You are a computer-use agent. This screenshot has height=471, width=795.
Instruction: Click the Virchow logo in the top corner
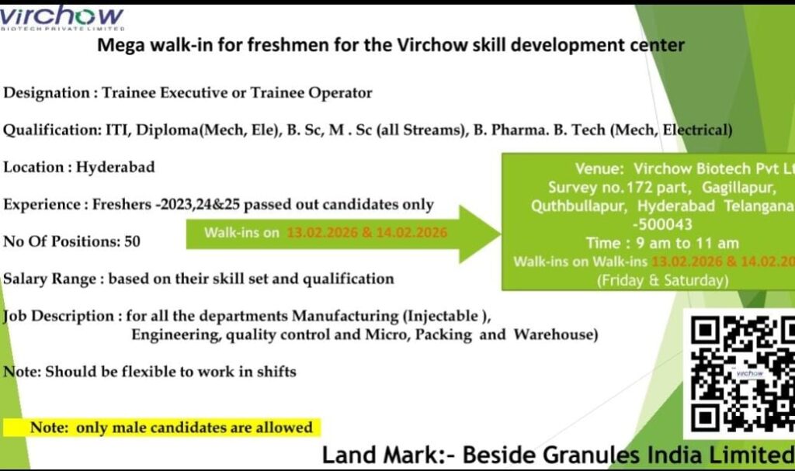[62, 17]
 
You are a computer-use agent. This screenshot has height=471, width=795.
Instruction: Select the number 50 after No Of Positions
[132, 241]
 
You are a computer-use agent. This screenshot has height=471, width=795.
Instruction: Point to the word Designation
[47, 93]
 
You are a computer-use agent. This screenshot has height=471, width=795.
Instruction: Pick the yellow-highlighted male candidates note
[171, 428]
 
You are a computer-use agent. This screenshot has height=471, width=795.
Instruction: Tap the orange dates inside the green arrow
[366, 232]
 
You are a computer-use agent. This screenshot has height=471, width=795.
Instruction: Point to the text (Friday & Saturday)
[662, 280]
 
